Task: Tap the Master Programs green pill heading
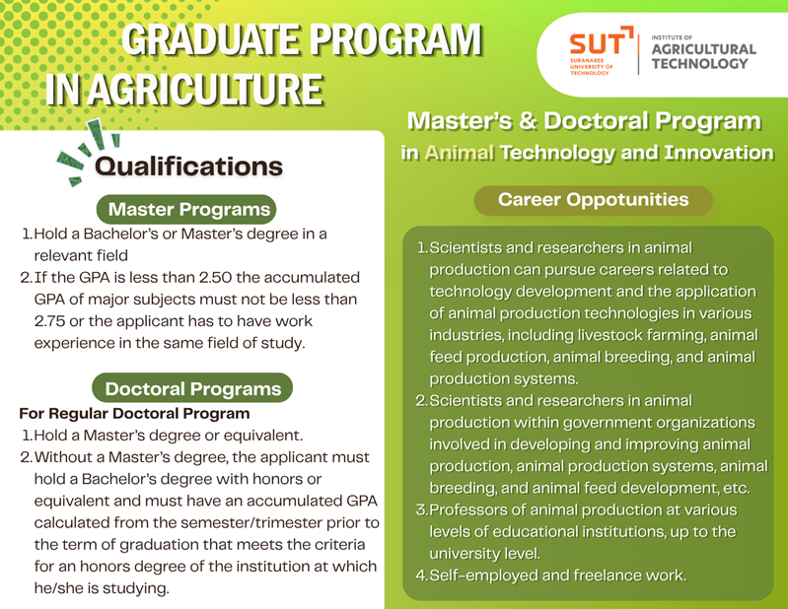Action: [186, 209]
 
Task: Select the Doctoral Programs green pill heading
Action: [192, 388]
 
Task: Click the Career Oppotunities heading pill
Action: [593, 200]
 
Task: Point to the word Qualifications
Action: [188, 167]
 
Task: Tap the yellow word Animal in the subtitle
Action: [460, 153]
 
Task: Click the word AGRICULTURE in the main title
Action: [207, 90]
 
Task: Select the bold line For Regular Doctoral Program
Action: [135, 414]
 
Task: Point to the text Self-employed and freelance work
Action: [558, 575]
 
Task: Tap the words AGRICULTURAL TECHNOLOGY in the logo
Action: [703, 56]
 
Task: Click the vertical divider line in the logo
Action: [639, 54]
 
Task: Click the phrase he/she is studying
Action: [102, 588]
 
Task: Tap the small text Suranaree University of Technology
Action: [592, 66]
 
